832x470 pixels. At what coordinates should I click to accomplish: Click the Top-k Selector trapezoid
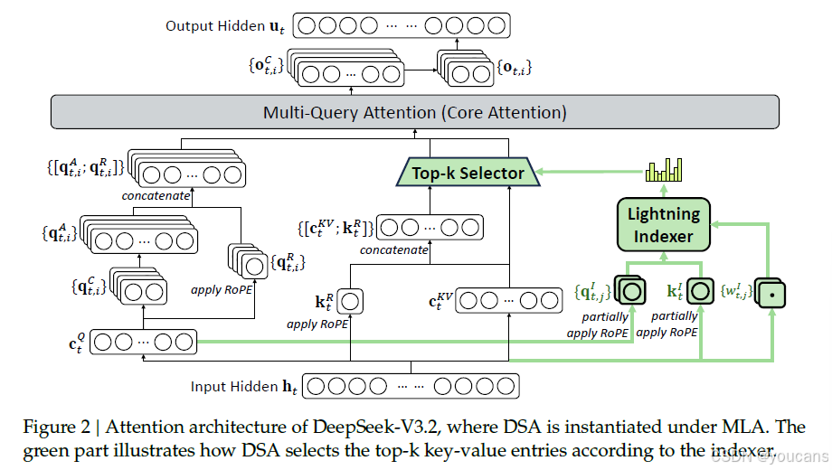tap(468, 173)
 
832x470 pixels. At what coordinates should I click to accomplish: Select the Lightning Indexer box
tap(664, 225)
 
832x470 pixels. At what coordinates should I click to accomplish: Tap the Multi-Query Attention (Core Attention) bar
tap(415, 113)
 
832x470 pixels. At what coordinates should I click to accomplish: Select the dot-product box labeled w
tap(771, 292)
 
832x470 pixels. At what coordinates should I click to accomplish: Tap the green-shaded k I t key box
tap(699, 291)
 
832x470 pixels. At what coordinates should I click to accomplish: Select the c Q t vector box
tap(144, 342)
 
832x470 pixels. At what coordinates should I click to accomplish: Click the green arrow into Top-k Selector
tap(580, 173)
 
